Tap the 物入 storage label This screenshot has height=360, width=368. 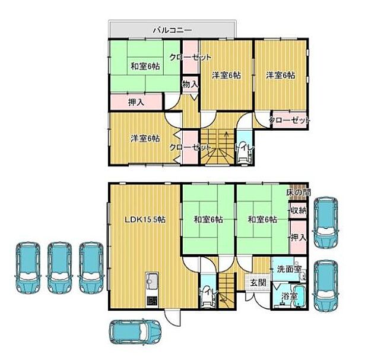pyautogui.click(x=189, y=85)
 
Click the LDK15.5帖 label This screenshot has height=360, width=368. pyautogui.click(x=144, y=219)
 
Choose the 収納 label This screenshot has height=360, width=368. pyautogui.click(x=299, y=211)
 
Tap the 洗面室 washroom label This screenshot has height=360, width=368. pyautogui.click(x=289, y=269)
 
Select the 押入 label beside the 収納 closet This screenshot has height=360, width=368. pyautogui.click(x=299, y=237)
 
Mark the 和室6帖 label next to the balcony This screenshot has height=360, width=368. pyautogui.click(x=145, y=66)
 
